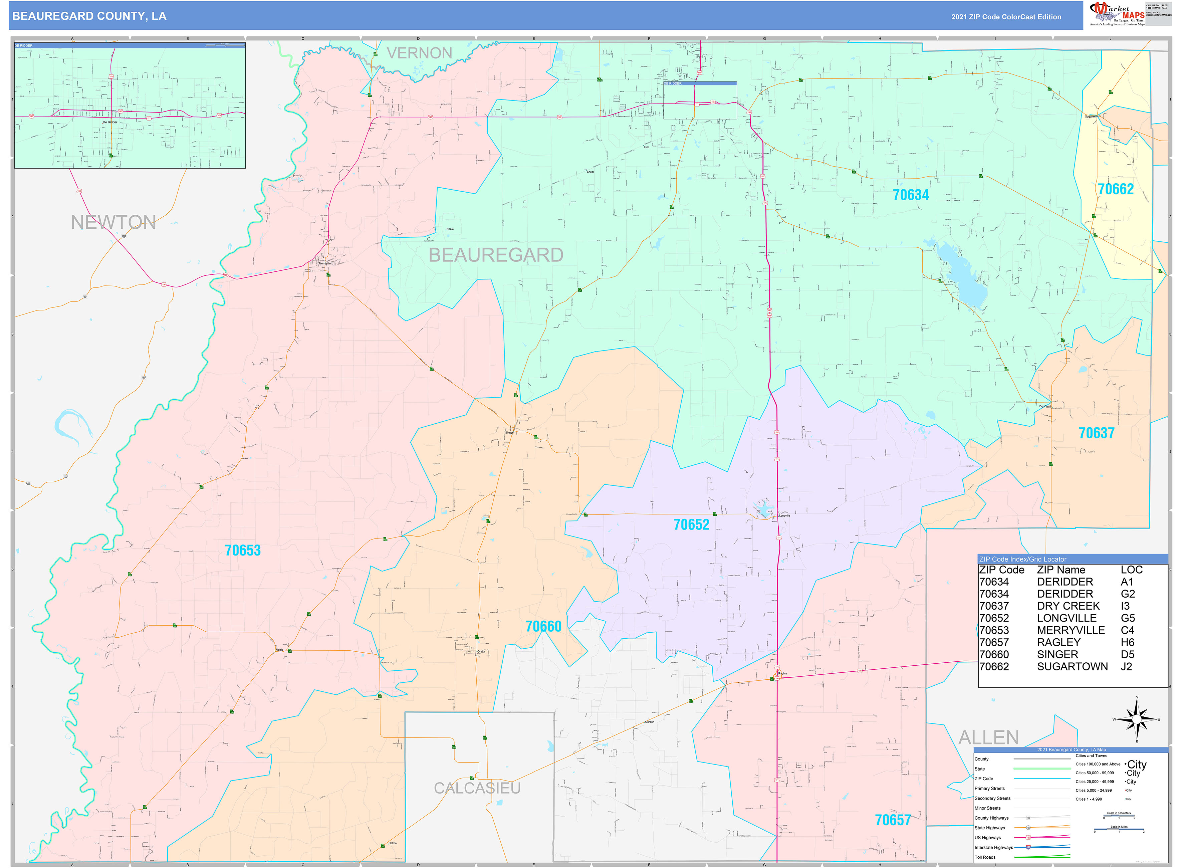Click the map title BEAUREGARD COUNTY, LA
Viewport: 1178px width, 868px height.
click(x=89, y=16)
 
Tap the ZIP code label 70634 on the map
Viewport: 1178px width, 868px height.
click(x=911, y=195)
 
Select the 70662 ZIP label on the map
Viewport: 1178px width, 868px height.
click(x=1116, y=189)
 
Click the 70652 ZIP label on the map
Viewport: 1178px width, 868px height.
click(x=691, y=524)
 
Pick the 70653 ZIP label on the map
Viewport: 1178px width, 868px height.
click(x=242, y=550)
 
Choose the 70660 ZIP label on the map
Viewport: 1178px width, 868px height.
click(x=543, y=626)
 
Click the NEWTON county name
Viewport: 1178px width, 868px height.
click(x=113, y=222)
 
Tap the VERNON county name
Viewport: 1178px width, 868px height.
click(x=419, y=53)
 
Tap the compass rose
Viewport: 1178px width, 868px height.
click(x=1137, y=719)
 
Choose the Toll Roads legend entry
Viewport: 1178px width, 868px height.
click(x=985, y=857)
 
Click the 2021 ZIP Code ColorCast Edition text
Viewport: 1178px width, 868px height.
click(x=1006, y=17)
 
